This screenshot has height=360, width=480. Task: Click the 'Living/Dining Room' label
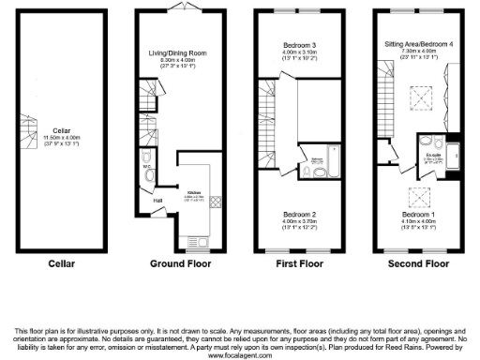182,53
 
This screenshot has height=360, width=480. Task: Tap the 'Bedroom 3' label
301,45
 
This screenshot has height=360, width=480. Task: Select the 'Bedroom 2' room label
301,214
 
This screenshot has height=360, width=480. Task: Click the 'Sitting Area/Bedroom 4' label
420,44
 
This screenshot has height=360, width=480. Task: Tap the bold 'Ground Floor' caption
181,264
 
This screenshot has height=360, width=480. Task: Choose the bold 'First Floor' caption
300,264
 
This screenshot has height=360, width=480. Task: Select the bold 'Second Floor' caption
419,264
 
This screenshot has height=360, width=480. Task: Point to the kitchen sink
202,243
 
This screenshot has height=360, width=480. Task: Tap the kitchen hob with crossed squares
213,201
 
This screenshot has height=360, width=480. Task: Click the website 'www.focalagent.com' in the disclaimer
240,354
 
